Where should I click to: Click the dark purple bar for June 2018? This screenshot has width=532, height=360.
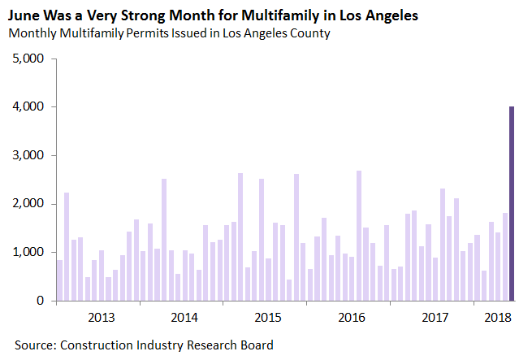point(512,203)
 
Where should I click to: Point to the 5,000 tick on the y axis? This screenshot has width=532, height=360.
point(30,59)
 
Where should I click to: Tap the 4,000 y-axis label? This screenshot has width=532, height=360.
point(30,107)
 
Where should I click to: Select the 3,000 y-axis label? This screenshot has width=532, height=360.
point(30,155)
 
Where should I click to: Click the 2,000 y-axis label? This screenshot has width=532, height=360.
point(30,204)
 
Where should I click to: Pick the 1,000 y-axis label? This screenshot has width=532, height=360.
point(30,253)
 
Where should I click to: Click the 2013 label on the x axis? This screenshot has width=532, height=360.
point(100,317)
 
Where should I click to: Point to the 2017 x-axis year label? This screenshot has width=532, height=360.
point(435,317)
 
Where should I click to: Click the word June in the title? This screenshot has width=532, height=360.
point(23,15)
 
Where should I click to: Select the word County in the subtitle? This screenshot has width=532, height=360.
point(308,34)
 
